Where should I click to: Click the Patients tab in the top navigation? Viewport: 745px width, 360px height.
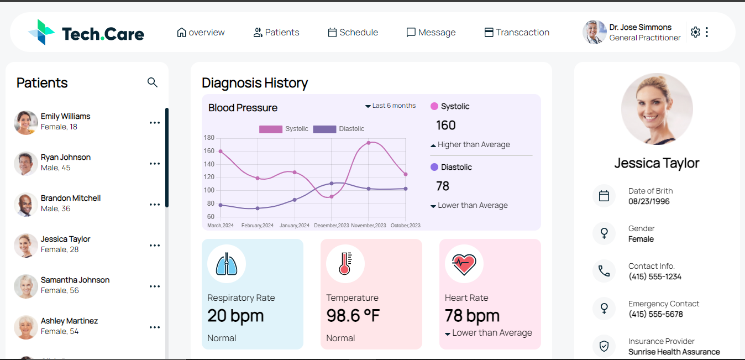[x=276, y=33]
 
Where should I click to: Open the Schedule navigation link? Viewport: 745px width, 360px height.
[x=353, y=33]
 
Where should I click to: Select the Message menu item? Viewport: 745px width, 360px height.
[x=431, y=33]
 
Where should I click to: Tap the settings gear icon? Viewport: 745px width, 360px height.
[x=695, y=32]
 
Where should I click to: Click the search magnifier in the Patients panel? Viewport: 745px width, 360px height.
[x=153, y=83]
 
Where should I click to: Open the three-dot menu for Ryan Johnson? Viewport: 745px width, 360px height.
[x=155, y=164]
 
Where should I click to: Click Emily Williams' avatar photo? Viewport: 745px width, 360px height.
[x=26, y=122]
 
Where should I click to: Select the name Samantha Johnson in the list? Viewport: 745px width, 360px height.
[x=75, y=280]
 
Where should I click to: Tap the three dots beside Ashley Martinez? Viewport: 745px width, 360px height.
[x=155, y=327]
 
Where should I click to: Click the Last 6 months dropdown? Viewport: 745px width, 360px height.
[x=390, y=106]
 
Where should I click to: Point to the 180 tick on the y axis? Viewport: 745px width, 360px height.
[x=209, y=138]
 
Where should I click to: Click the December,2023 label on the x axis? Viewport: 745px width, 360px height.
[x=332, y=226]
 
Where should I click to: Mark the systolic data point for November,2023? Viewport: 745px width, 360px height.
[x=369, y=143]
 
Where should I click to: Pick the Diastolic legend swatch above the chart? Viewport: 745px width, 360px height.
[x=324, y=129]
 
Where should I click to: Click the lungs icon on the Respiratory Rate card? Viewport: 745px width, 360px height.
[x=227, y=264]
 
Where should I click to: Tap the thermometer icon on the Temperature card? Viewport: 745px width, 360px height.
[x=345, y=264]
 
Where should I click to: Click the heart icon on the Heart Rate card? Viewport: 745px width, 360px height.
[x=464, y=264]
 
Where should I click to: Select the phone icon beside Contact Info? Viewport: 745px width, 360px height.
[x=604, y=271]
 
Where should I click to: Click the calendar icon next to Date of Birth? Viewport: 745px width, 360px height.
[x=604, y=196]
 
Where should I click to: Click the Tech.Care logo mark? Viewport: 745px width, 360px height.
[x=41, y=32]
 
